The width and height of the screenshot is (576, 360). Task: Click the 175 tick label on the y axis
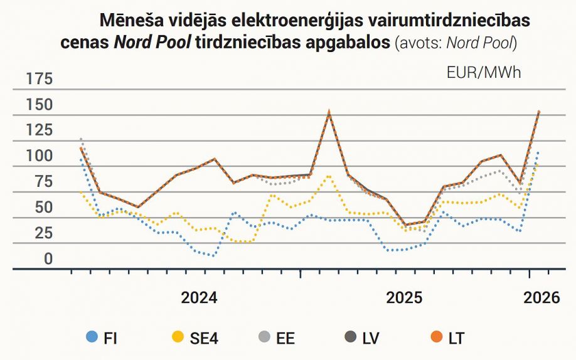(x=39, y=79)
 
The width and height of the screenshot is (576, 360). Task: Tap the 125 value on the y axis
(x=39, y=130)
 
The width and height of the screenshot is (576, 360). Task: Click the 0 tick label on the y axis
(x=48, y=259)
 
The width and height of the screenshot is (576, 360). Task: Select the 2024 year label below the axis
(x=199, y=298)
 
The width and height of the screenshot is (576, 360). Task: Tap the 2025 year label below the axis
(x=404, y=298)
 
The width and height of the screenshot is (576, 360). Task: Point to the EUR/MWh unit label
(x=484, y=72)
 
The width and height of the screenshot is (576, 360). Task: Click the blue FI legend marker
(x=92, y=338)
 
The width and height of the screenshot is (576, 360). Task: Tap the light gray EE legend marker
(x=264, y=338)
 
